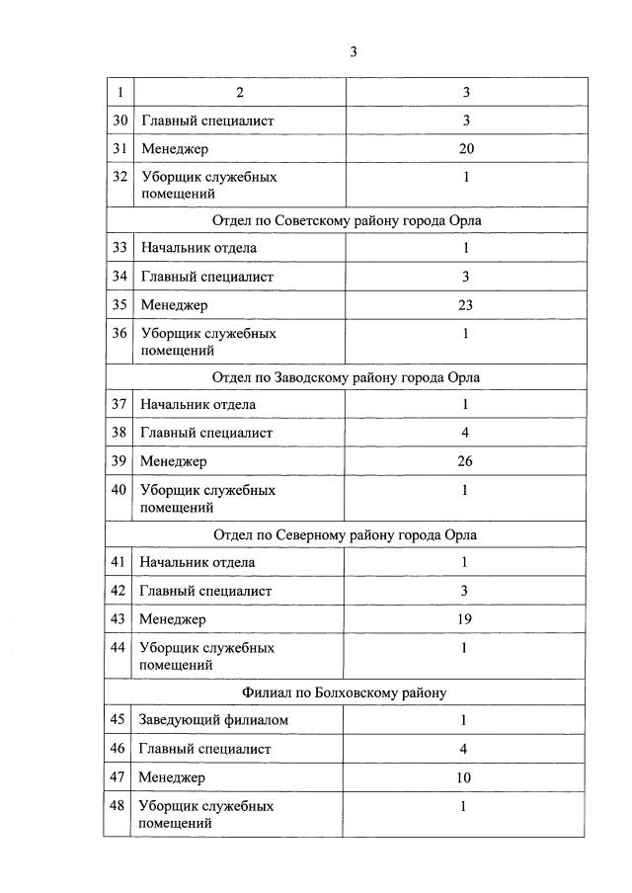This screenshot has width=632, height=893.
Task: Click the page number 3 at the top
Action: click(x=353, y=52)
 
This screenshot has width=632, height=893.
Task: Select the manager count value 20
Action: click(x=466, y=149)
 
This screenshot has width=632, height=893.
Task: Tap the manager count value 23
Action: click(x=466, y=305)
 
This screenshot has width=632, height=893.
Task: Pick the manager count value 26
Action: click(x=466, y=461)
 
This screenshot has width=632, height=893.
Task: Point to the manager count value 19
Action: click(x=466, y=619)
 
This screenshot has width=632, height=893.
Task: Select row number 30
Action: click(x=119, y=121)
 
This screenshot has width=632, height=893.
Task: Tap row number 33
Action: click(x=119, y=248)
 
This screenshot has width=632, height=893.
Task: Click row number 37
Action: click(x=119, y=404)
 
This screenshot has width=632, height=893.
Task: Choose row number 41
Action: click(x=119, y=562)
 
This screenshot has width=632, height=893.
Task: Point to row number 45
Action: click(x=119, y=720)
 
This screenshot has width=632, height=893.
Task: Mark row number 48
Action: click(x=119, y=806)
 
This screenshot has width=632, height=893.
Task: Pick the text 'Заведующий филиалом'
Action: click(x=214, y=720)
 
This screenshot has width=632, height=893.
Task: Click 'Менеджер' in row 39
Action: click(x=174, y=461)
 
